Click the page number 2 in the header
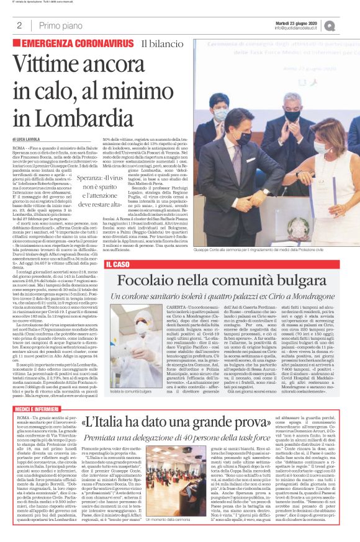pyautogui.click(x=19, y=25)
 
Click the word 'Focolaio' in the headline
pyautogui.click(x=148, y=280)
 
